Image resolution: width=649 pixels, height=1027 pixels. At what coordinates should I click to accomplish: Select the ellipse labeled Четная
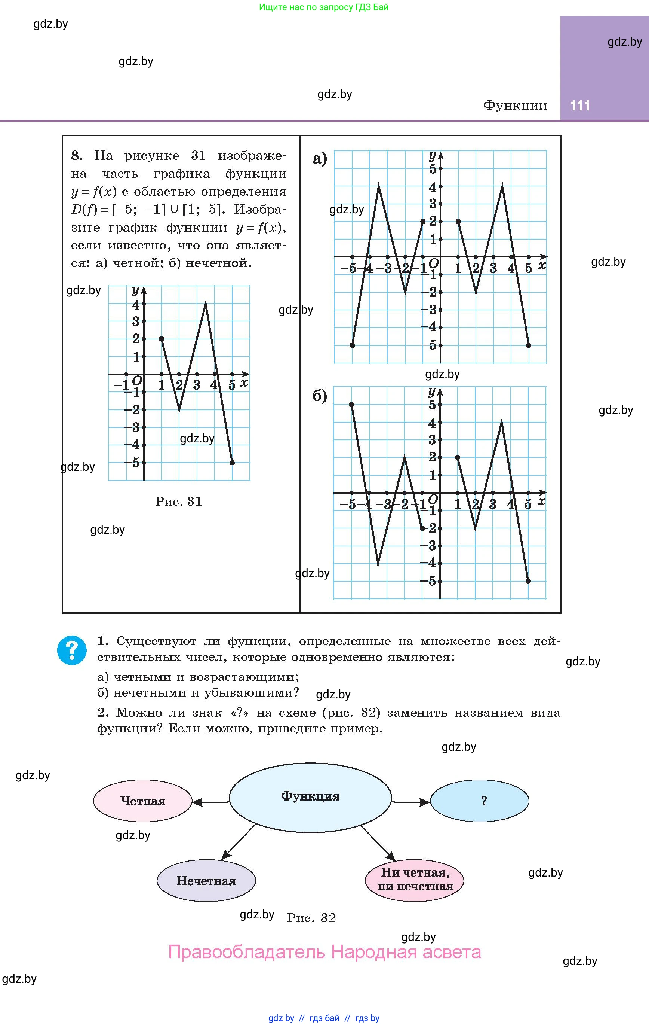[x=143, y=801]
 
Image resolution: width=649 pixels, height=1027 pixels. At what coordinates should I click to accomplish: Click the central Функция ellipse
[x=310, y=797]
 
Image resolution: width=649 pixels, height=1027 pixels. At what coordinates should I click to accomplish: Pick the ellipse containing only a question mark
[x=479, y=801]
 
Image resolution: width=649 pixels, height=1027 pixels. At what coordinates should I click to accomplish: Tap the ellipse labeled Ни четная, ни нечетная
[x=415, y=880]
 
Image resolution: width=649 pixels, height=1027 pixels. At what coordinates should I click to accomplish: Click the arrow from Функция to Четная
[x=210, y=802]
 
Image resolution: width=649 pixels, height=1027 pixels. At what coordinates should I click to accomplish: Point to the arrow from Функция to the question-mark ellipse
[x=410, y=802]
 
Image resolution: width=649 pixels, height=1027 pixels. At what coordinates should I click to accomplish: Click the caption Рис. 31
[x=179, y=501]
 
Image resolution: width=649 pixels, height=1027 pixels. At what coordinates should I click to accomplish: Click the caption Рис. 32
[x=311, y=917]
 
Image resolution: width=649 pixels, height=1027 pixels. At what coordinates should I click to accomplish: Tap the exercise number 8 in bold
[x=77, y=156]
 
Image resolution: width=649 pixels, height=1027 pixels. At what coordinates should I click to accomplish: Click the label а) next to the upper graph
[x=320, y=159]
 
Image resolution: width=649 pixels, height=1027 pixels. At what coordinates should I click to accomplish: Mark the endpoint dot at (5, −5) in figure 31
[x=232, y=463]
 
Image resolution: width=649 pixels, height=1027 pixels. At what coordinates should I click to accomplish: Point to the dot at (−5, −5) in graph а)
[x=352, y=345]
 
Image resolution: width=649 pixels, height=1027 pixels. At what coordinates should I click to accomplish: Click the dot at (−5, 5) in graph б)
[x=351, y=404]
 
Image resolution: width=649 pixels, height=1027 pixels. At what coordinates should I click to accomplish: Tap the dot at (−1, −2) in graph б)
[x=422, y=528]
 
